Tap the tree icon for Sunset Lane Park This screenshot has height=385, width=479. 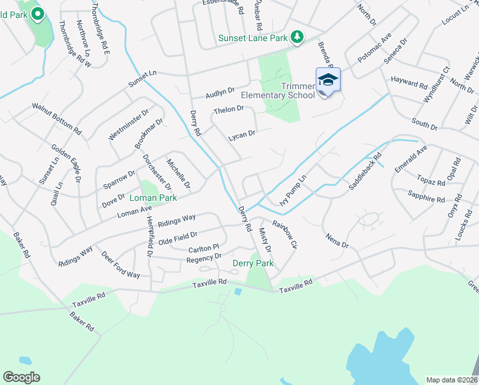point(296,38)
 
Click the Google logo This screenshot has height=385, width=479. point(21,377)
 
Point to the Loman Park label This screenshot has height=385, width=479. point(153,198)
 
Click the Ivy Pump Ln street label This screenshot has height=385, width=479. point(293,191)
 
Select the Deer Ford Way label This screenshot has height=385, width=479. point(120,264)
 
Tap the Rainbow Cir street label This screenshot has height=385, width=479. point(285,234)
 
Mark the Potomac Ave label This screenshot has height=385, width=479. point(374,47)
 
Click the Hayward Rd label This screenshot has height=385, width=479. point(409,83)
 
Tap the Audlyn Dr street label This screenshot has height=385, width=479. point(220,94)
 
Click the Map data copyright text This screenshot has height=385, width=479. point(451,379)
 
